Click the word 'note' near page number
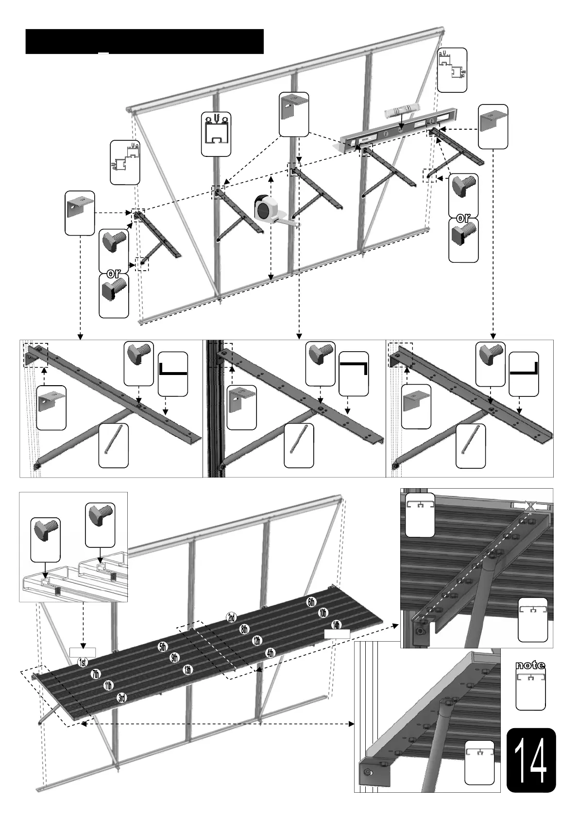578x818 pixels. [x=530, y=665]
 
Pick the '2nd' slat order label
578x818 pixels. [x=231, y=618]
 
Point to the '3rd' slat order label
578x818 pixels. [x=122, y=698]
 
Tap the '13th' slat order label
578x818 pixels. [x=187, y=670]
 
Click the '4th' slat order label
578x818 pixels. [x=271, y=653]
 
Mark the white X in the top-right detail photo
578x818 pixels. [x=530, y=506]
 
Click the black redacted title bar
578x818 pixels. [x=144, y=41]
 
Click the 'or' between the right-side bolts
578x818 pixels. [x=463, y=218]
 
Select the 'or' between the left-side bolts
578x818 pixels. [x=114, y=273]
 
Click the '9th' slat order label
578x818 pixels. [x=175, y=658]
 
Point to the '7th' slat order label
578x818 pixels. [x=96, y=674]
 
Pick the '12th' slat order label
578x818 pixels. [x=257, y=641]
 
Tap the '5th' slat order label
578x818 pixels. [x=162, y=647]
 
